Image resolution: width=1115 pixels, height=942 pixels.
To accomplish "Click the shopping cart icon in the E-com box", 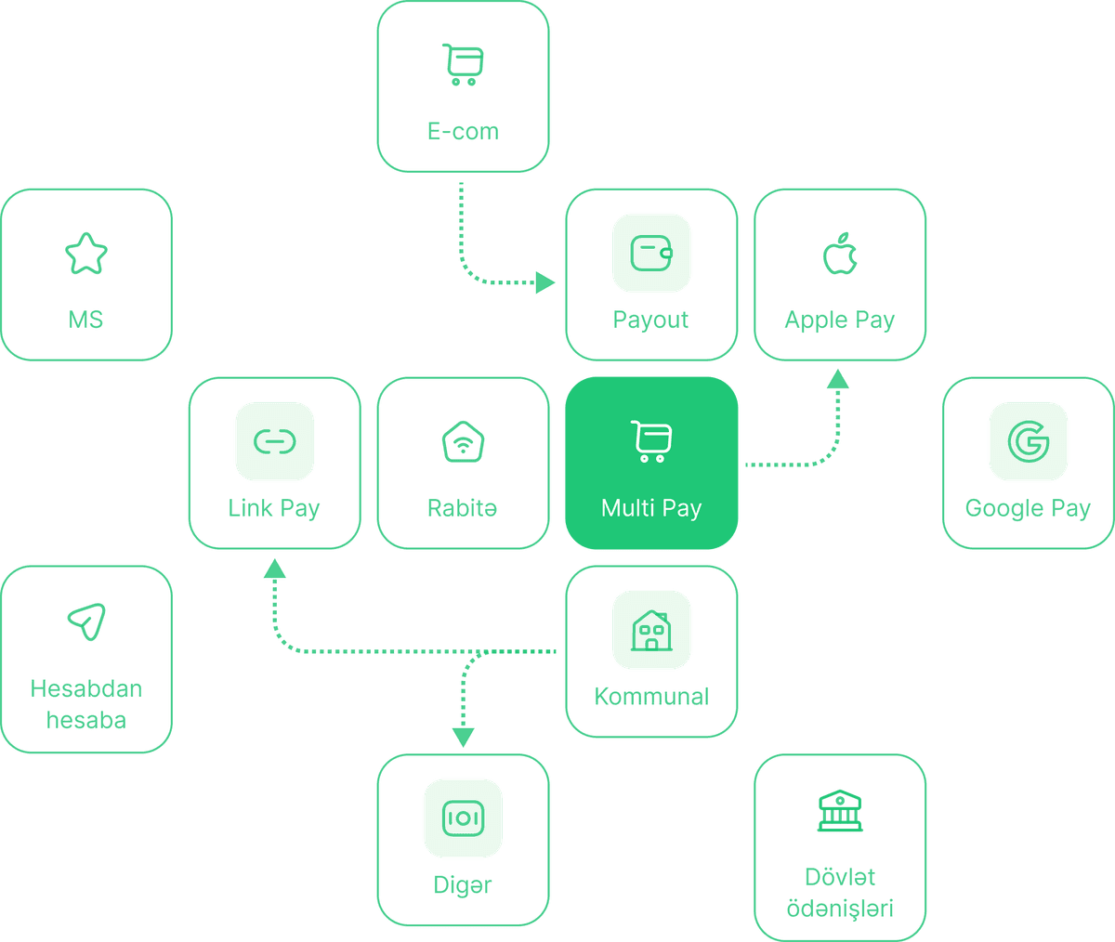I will (463, 65).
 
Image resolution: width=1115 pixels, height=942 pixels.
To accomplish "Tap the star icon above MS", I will (85, 255).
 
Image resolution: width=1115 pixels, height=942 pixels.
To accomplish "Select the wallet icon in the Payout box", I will (651, 254).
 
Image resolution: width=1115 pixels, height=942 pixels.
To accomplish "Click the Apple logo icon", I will (839, 254).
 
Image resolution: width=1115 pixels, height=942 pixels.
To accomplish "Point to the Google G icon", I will (1028, 442).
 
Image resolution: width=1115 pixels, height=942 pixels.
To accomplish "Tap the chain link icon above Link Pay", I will (274, 442).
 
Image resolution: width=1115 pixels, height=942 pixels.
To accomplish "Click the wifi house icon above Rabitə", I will (463, 442).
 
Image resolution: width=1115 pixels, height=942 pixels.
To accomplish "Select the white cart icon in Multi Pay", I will (651, 441).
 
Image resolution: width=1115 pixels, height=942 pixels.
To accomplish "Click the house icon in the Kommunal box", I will (651, 630).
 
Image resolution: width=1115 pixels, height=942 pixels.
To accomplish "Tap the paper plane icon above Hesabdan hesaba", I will (86, 621).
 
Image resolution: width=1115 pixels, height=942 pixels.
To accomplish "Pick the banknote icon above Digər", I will (463, 818).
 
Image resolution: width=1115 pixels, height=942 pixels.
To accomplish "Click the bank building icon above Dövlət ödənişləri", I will (839, 811).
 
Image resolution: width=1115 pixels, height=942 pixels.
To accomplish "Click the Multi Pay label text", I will (651, 508).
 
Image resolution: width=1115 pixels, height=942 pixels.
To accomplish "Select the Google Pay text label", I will (1028, 508).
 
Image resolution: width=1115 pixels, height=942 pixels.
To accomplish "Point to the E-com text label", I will (463, 131).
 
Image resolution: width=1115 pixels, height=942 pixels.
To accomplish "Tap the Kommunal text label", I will (651, 697).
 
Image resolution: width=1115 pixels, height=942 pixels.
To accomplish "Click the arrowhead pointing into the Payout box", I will (544, 282).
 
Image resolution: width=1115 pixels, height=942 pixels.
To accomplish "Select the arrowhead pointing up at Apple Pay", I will (839, 378).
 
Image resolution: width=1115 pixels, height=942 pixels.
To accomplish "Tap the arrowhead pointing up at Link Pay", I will (274, 569).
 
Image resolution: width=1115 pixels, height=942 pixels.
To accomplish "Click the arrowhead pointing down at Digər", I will (463, 738).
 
